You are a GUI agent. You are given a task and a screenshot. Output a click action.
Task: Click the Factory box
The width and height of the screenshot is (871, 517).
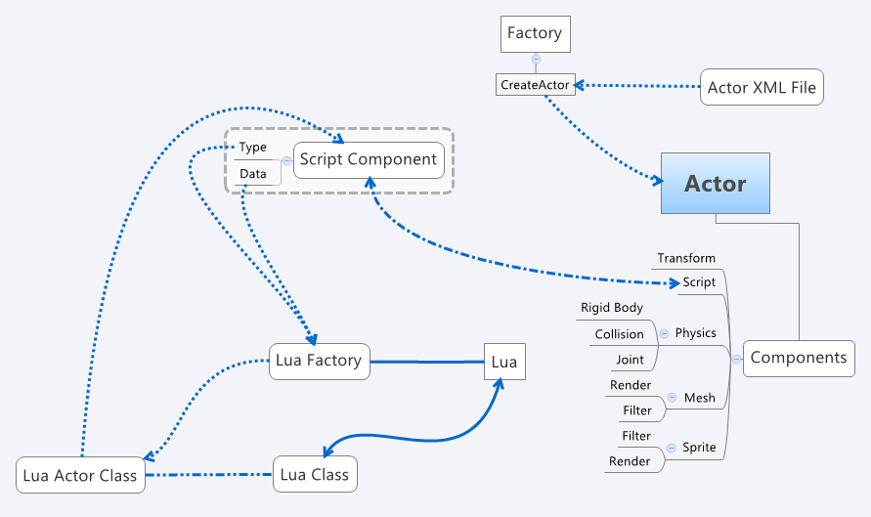pyautogui.click(x=534, y=33)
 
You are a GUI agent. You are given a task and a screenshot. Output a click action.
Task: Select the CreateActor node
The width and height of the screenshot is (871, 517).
pyautogui.click(x=534, y=85)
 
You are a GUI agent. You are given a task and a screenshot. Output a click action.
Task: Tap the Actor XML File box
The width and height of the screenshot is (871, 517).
pyautogui.click(x=762, y=88)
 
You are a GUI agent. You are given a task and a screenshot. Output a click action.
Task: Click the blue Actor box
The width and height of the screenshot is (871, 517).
pyautogui.click(x=715, y=183)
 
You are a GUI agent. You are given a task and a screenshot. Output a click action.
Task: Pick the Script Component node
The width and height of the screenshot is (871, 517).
pyautogui.click(x=368, y=159)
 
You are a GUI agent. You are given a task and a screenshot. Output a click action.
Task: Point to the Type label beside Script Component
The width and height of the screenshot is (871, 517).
pyautogui.click(x=252, y=148)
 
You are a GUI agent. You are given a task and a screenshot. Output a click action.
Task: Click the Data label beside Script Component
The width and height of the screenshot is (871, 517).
pyautogui.click(x=252, y=174)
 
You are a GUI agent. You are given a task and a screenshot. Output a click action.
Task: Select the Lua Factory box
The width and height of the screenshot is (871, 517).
pyautogui.click(x=319, y=361)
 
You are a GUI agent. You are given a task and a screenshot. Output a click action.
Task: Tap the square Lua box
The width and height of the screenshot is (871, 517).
pyautogui.click(x=504, y=362)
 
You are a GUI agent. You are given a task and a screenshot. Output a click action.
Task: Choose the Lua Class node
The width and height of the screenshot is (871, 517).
pyautogui.click(x=315, y=475)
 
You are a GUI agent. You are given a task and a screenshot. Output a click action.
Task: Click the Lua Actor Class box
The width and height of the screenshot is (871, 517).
pyautogui.click(x=81, y=475)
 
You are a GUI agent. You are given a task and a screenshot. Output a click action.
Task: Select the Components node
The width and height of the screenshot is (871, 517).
pyautogui.click(x=799, y=358)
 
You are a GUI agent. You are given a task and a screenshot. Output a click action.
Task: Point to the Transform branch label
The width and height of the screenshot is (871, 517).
pyautogui.click(x=686, y=258)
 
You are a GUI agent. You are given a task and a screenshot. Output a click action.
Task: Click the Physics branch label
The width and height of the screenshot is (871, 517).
pyautogui.click(x=695, y=332)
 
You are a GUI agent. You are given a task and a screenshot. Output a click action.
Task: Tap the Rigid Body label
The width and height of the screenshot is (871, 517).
pyautogui.click(x=612, y=308)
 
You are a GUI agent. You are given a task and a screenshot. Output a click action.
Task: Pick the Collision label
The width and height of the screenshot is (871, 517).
pyautogui.click(x=619, y=334)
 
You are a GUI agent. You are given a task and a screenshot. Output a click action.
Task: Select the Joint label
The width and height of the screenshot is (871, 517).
pyautogui.click(x=630, y=360)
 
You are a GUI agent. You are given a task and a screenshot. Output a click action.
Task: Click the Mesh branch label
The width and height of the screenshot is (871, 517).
pyautogui.click(x=699, y=398)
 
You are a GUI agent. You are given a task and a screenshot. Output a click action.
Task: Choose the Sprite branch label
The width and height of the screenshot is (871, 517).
pyautogui.click(x=699, y=448)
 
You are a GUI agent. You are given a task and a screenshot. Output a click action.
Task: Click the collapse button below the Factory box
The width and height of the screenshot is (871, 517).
pyautogui.click(x=535, y=59)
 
